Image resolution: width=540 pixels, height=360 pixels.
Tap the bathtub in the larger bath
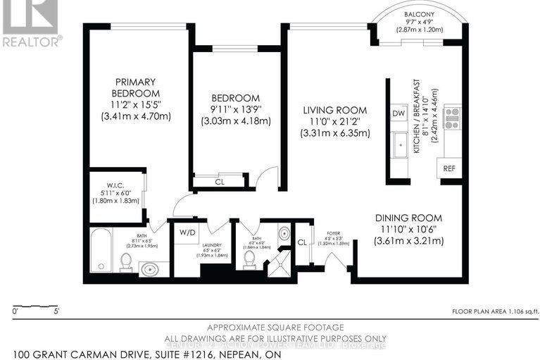coord(101,251)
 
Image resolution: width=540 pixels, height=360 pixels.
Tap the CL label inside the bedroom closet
coord(219,181)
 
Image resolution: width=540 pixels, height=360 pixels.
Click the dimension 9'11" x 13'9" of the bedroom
coord(236,110)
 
